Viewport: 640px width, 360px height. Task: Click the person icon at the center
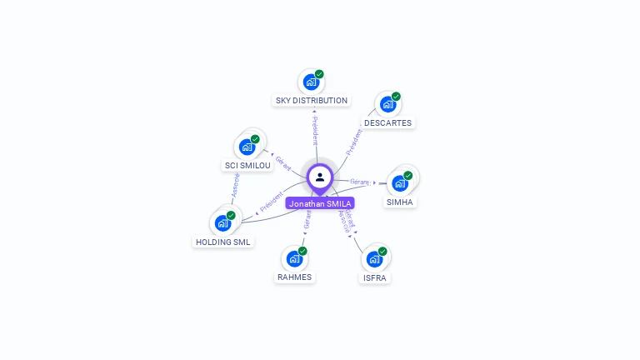click(x=320, y=177)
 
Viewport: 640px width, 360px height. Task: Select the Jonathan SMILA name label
click(x=320, y=203)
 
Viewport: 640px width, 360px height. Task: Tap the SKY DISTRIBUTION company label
click(x=311, y=101)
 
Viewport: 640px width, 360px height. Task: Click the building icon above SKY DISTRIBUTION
click(x=311, y=82)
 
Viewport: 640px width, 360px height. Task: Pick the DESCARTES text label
click(x=387, y=122)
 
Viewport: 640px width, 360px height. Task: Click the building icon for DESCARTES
click(x=387, y=104)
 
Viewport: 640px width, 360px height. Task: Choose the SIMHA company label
click(x=400, y=202)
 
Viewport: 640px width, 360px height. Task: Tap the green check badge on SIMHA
click(x=408, y=175)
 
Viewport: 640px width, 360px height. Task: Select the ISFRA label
click(x=374, y=277)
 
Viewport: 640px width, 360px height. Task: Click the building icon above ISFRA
click(x=373, y=259)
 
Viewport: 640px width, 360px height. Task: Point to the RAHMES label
click(x=294, y=277)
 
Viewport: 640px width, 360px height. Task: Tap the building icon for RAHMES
click(x=293, y=258)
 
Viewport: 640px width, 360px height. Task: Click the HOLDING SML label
click(x=222, y=242)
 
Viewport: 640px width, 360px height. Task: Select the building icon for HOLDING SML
click(x=222, y=223)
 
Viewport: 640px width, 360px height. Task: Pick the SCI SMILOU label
click(x=247, y=165)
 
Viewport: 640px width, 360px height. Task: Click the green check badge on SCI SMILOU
click(x=255, y=139)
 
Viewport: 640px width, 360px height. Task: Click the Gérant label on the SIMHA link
click(x=359, y=181)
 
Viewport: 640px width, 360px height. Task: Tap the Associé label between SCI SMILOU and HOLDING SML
click(x=236, y=185)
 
